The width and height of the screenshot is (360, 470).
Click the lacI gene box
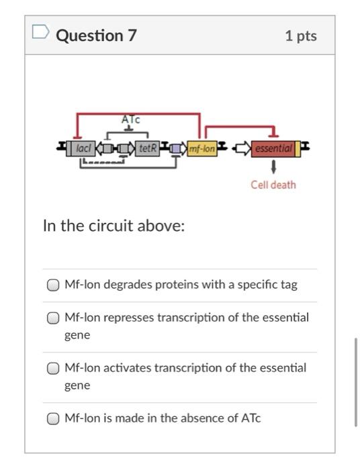pyautogui.click(x=83, y=148)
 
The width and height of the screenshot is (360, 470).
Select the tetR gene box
pyautogui.click(x=147, y=148)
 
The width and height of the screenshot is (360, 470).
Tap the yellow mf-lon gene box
pyautogui.click(x=202, y=148)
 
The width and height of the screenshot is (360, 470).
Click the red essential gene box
pyautogui.click(x=273, y=148)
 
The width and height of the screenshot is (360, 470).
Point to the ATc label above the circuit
pyautogui.click(x=131, y=120)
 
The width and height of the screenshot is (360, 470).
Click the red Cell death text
pyautogui.click(x=273, y=185)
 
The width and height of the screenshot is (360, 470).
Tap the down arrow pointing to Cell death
pyautogui.click(x=273, y=167)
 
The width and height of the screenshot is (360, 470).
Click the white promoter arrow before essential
pyautogui.click(x=242, y=148)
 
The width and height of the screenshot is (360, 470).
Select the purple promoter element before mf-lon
pyautogui.click(x=176, y=148)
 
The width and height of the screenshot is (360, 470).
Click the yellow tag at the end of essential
pyautogui.click(x=298, y=148)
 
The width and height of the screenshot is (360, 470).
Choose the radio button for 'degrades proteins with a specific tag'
pyautogui.click(x=53, y=285)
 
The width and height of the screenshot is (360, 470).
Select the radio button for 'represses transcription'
pyautogui.click(x=53, y=318)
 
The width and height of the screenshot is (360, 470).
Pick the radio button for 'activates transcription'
pyautogui.click(x=53, y=369)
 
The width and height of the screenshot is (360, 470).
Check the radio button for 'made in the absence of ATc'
pyautogui.click(x=53, y=419)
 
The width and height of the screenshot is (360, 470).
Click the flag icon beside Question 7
pyautogui.click(x=40, y=32)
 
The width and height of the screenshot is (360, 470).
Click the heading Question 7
pyautogui.click(x=96, y=36)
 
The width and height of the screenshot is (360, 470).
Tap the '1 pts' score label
pyautogui.click(x=301, y=36)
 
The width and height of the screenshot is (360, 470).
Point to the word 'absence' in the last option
pyautogui.click(x=219, y=418)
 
